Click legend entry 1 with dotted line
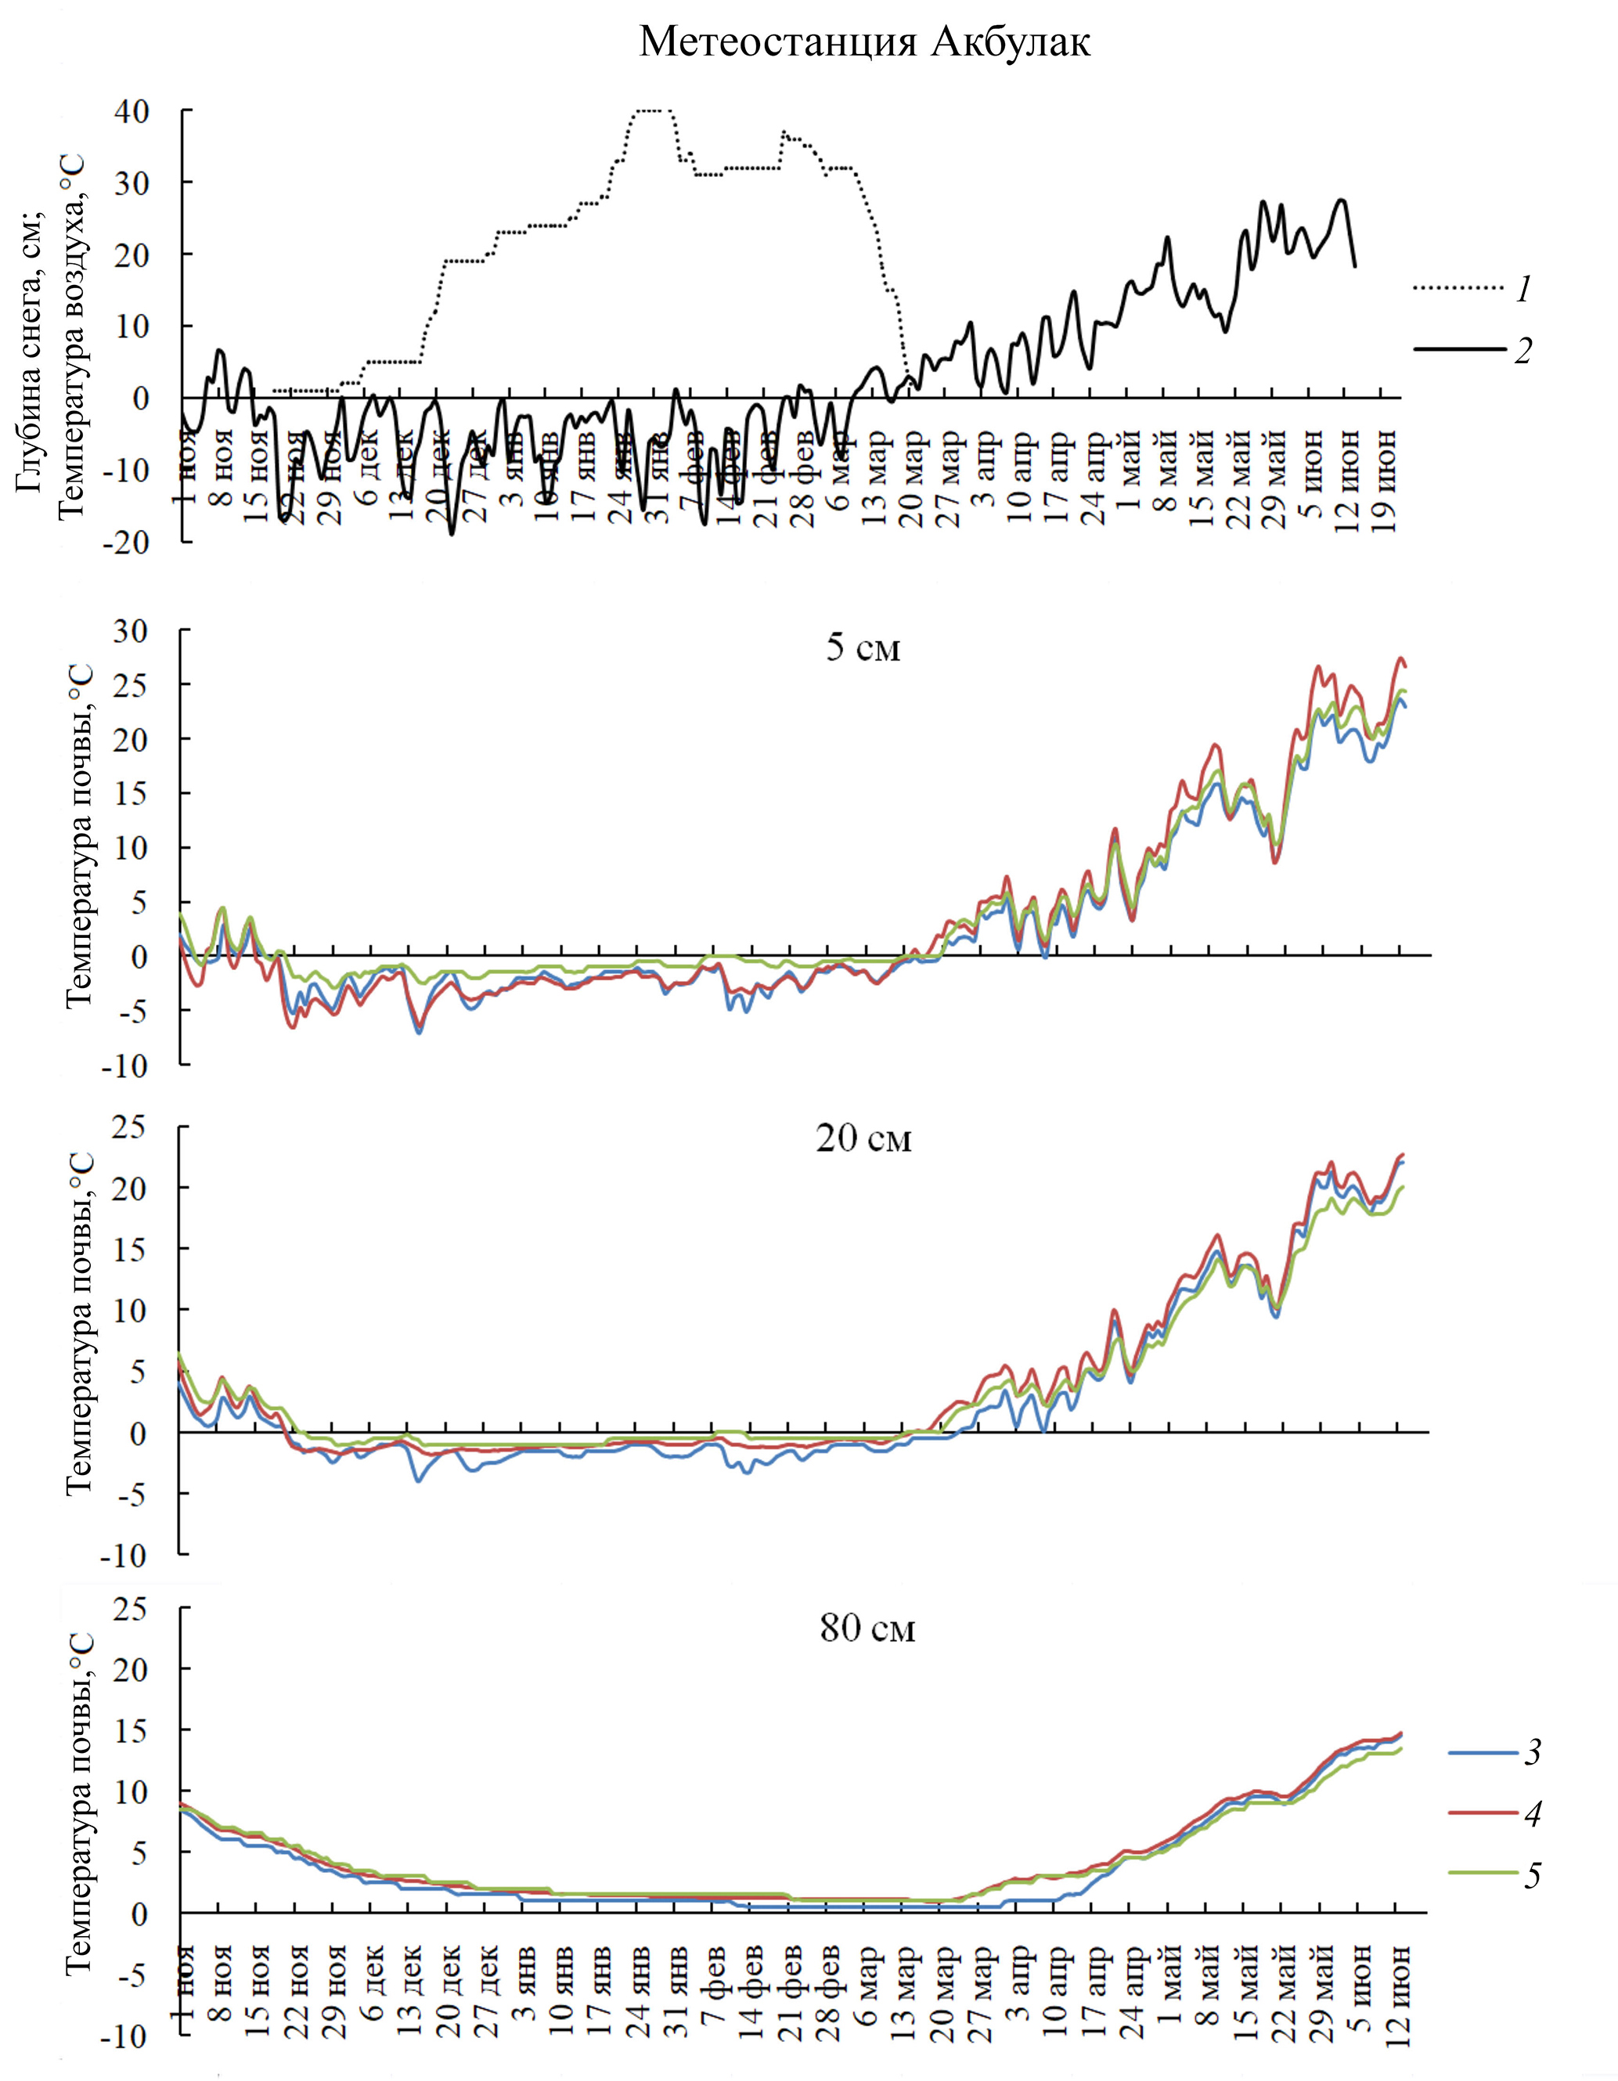[x=1472, y=289]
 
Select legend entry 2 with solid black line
[x=1472, y=350]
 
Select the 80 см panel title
[x=867, y=1628]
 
